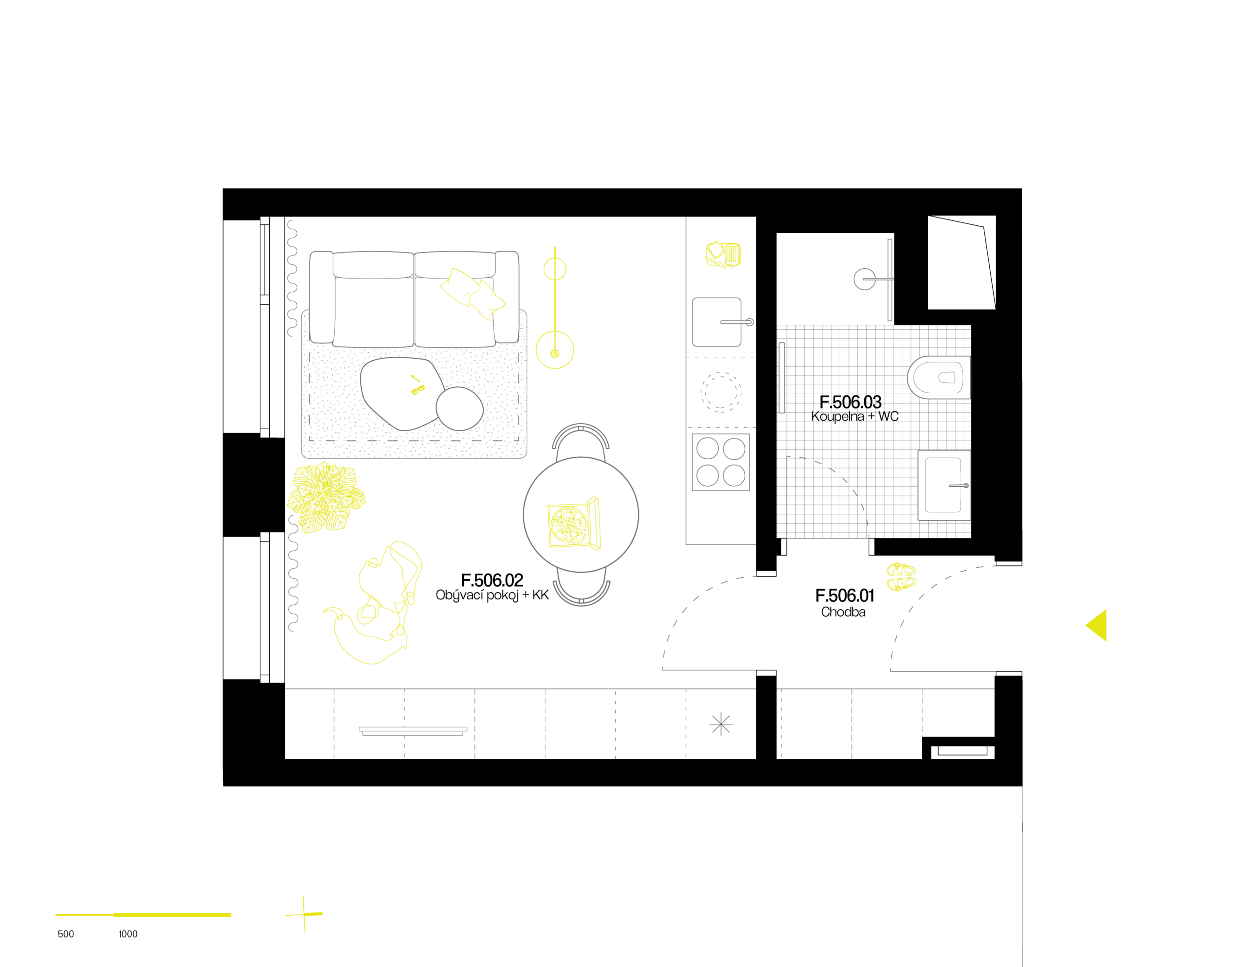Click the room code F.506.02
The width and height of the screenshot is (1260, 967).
coord(492,580)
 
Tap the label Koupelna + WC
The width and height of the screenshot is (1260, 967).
coord(854,416)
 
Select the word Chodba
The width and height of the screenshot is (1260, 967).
coord(843,612)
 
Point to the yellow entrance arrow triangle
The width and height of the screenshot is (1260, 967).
coord(1097,624)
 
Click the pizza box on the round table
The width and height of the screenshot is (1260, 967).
coord(574,523)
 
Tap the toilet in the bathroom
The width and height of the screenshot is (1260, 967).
coord(938,377)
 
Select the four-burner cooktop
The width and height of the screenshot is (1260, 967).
coord(720,462)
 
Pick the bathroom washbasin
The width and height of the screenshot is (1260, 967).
coord(944,485)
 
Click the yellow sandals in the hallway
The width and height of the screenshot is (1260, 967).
coord(901,576)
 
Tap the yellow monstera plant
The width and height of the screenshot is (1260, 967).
coord(326,498)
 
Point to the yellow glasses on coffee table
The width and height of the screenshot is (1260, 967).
coord(417,386)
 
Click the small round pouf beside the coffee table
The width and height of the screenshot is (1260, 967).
coord(459,408)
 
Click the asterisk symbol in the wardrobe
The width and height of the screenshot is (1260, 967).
coord(721,724)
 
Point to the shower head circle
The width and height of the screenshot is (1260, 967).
coord(864,279)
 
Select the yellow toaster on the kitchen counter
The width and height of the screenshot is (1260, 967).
coord(723,254)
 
